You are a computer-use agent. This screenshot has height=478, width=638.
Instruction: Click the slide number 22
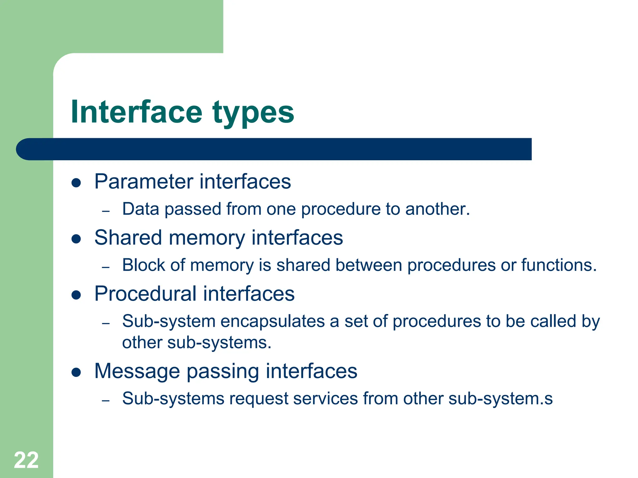point(26,460)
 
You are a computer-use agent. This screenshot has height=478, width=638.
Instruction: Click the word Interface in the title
point(136,112)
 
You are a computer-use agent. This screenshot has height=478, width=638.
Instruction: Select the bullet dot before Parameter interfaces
point(76,183)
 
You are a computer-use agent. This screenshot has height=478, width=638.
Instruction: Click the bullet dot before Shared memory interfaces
point(76,239)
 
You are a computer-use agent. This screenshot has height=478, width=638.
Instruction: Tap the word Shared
point(128,238)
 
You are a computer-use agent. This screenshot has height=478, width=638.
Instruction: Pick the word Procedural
point(145,294)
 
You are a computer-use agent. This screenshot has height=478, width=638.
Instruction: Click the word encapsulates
point(273,321)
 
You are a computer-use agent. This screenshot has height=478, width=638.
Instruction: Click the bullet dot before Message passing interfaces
point(76,372)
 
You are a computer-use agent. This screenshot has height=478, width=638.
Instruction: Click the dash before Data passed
point(106,211)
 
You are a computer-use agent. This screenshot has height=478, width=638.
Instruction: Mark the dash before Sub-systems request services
point(106,401)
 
